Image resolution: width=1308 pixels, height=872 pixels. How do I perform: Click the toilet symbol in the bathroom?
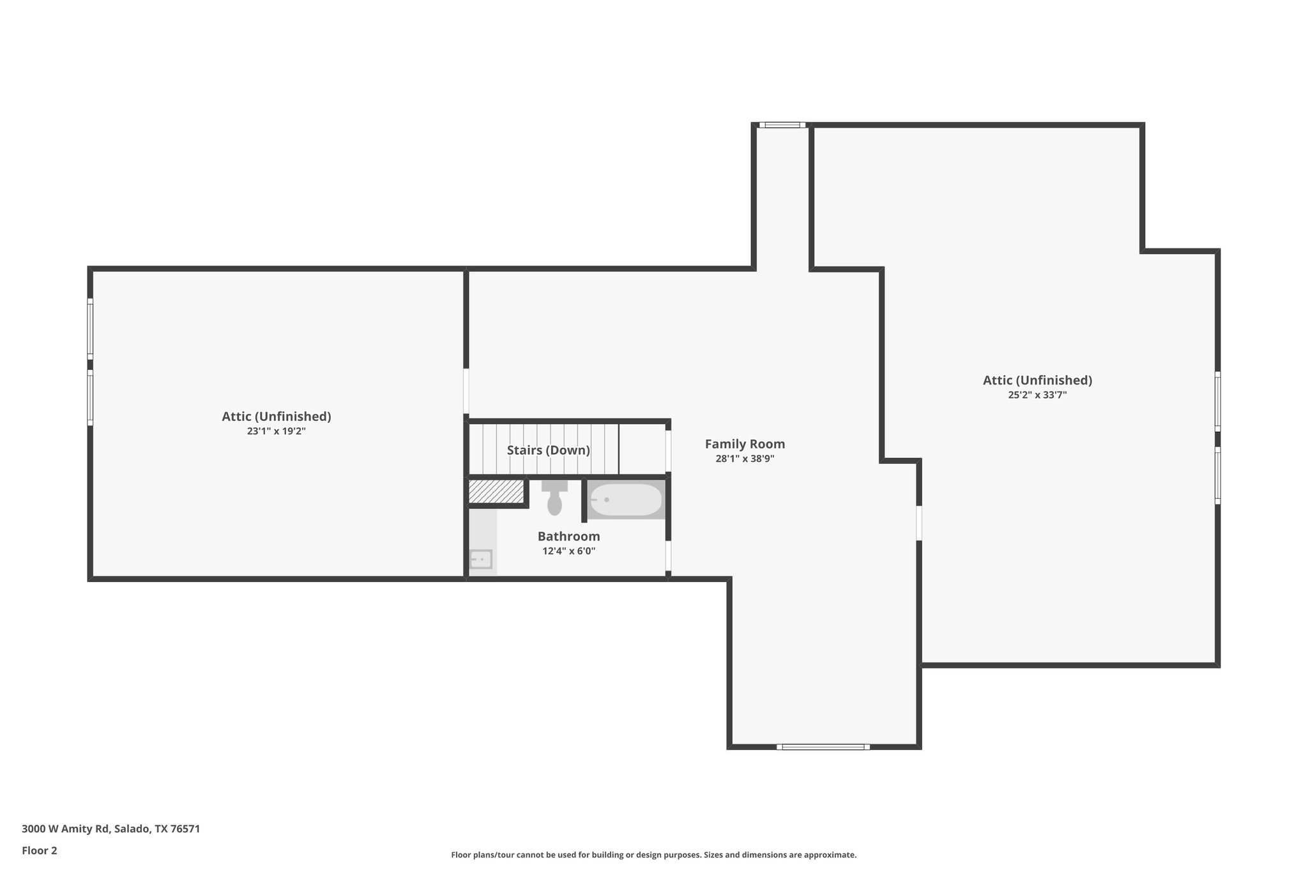[554, 499]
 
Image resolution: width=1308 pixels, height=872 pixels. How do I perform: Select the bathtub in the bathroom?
[626, 500]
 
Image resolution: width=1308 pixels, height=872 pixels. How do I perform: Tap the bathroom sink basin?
[481, 560]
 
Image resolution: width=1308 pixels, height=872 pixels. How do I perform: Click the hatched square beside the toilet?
[496, 492]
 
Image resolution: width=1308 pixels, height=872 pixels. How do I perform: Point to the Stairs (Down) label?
[548, 450]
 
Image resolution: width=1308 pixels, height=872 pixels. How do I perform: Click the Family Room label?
[745, 444]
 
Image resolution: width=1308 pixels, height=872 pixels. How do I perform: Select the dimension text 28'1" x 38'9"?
[745, 459]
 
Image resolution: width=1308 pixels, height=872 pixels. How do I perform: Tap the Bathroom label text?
[568, 537]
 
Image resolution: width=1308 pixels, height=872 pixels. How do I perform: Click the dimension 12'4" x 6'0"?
[568, 551]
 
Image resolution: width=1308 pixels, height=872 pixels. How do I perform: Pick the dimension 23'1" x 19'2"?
[276, 431]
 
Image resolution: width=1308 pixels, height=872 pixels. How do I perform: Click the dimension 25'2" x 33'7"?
[1037, 395]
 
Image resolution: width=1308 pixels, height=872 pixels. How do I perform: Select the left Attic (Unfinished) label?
[276, 417]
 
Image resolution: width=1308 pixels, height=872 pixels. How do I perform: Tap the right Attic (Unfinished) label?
[1037, 381]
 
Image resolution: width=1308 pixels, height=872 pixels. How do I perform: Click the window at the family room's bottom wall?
[823, 746]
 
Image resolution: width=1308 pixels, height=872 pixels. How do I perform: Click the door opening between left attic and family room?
[466, 391]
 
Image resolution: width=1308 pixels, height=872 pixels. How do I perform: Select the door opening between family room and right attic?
[919, 523]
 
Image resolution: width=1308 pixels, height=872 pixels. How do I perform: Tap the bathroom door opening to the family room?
[668, 556]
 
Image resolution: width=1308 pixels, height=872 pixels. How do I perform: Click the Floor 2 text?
[40, 850]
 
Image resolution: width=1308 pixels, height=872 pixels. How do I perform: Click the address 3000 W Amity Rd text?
[110, 829]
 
